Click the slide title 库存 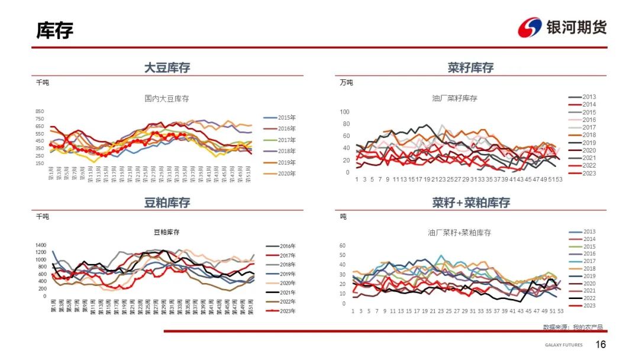tap(55, 30)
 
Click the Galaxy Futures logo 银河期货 tap(562, 27)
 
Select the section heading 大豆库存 tap(167, 67)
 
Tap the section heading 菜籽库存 tap(470, 67)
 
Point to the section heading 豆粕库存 tap(167, 202)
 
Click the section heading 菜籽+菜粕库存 tap(470, 202)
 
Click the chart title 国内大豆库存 tap(167, 98)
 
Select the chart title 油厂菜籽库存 tap(454, 98)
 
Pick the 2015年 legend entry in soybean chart tap(279, 117)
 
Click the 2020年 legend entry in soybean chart tap(279, 173)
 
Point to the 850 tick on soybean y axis tap(40, 111)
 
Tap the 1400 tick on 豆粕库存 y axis tap(40, 245)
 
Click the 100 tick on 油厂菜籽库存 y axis tap(344, 112)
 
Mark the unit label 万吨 tap(346, 82)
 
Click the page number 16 tap(601, 345)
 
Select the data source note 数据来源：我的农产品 tap(573, 327)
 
